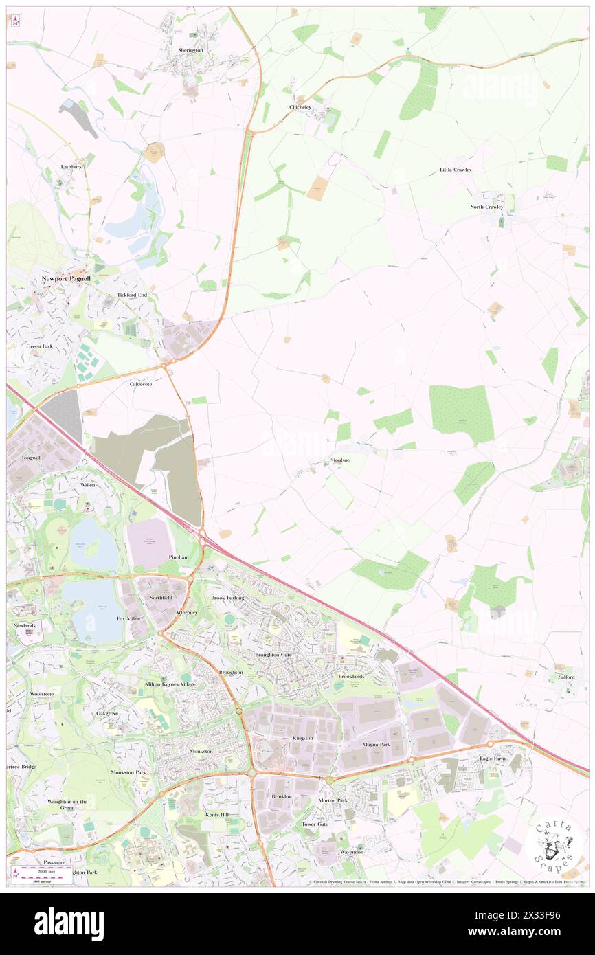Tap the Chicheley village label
tap(300, 107)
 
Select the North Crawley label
tap(486, 207)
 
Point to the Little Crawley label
tap(456, 170)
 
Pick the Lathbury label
tap(71, 167)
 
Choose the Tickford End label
tap(132, 295)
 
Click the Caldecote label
tap(141, 385)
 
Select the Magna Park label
tap(376, 744)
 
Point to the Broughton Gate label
tap(273, 655)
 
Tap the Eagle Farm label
tap(493, 759)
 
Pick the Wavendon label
tap(352, 852)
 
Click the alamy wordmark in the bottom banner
tap(69, 923)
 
